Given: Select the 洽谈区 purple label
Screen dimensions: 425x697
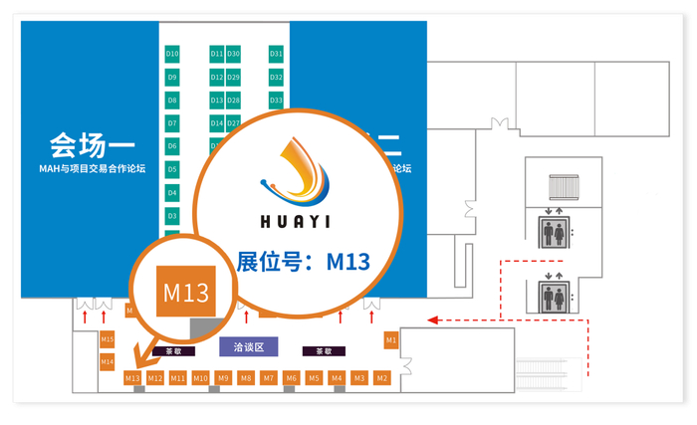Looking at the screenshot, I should click(x=248, y=346).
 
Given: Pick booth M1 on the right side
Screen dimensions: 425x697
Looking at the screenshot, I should click(x=391, y=340).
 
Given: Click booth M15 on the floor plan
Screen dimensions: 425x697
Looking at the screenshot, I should click(x=107, y=340).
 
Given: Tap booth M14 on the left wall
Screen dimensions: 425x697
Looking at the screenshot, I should click(x=107, y=361).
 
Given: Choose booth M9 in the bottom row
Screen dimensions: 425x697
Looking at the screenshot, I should click(x=223, y=378).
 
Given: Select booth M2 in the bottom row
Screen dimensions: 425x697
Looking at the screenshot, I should click(x=382, y=378).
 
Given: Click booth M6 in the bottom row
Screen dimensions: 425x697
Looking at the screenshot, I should click(x=291, y=378).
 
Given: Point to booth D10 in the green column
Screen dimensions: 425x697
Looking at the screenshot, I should click(x=172, y=53).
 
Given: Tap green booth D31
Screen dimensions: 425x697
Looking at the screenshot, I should click(x=277, y=53).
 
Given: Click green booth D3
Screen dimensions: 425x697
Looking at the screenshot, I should click(x=172, y=215).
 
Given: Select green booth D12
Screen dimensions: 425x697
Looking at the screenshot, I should click(x=217, y=77).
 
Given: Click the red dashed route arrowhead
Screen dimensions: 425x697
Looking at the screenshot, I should click(x=431, y=319).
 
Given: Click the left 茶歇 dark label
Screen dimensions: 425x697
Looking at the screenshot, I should click(x=173, y=350).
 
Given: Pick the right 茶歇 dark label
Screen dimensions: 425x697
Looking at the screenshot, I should click(x=324, y=350).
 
